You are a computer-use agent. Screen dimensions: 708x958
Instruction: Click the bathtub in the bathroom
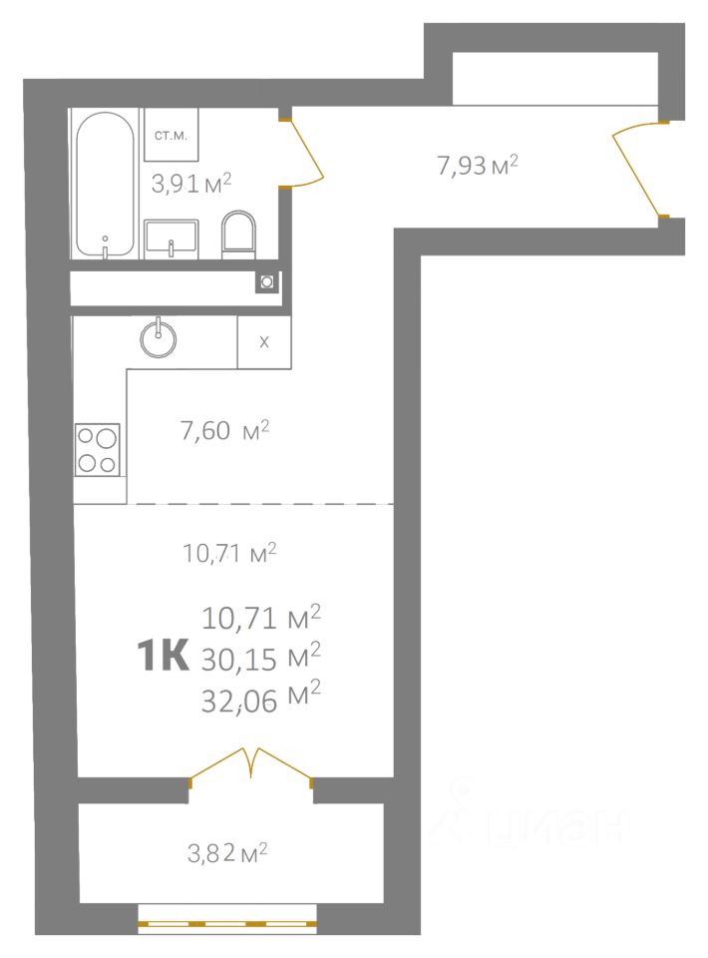(105, 185)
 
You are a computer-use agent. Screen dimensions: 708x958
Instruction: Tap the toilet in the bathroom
(238, 235)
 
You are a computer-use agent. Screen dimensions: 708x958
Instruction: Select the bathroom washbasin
(172, 239)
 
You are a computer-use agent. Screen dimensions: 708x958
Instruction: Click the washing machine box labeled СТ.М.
(171, 135)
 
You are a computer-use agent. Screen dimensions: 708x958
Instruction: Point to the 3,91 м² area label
(191, 183)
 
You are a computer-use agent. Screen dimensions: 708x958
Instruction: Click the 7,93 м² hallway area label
(478, 165)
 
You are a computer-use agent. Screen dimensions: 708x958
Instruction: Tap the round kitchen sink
(159, 337)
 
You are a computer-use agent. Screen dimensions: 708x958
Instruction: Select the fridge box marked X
(264, 342)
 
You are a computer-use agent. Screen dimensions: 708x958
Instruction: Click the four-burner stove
(97, 449)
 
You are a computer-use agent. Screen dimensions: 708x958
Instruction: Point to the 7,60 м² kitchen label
(224, 431)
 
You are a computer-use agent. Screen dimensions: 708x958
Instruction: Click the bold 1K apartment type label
(163, 657)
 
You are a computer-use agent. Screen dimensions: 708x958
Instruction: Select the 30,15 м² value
(261, 658)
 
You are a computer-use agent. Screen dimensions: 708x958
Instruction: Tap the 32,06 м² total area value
(261, 698)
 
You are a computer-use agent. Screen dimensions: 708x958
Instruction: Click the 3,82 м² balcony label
(227, 853)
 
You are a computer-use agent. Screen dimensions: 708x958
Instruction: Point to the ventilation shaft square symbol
(267, 281)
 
